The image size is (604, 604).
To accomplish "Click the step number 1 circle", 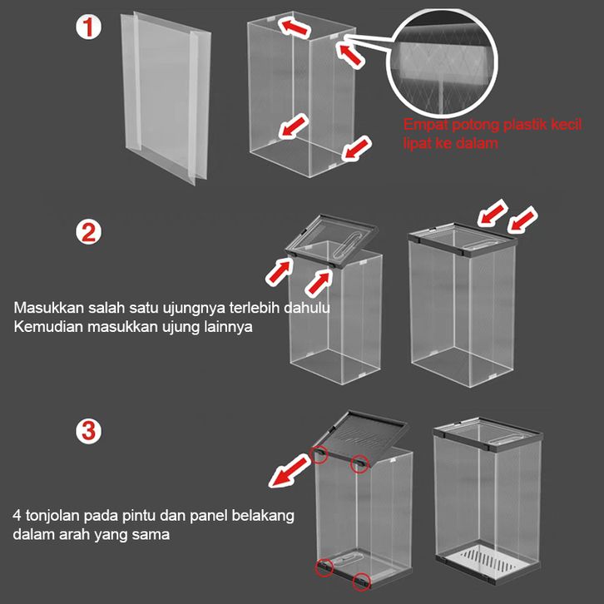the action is [x=88, y=27].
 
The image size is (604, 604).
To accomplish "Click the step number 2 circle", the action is [x=88, y=233].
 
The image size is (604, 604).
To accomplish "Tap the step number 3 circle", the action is [x=88, y=431].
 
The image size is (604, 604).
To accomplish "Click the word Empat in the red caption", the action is [x=425, y=125].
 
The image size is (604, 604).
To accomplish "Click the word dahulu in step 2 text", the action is [x=307, y=307].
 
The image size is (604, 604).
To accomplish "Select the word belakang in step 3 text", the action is [x=263, y=515].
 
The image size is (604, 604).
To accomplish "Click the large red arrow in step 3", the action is [x=290, y=470].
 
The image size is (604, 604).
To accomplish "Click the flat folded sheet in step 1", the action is [x=166, y=98].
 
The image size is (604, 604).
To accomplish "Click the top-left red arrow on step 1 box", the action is [x=295, y=26].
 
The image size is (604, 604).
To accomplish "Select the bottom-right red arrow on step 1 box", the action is [x=357, y=148].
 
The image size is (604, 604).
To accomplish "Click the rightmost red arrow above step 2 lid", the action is [x=522, y=220].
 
